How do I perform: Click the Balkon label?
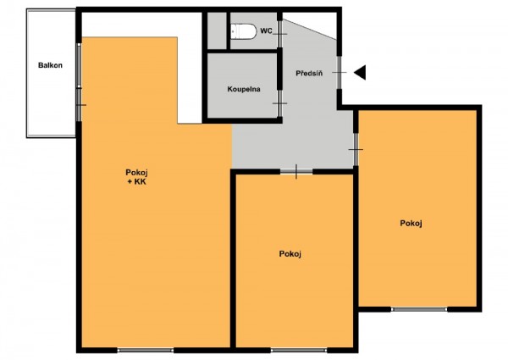coord(50,65)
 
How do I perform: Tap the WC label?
coord(267,31)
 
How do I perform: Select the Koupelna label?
coord(244,89)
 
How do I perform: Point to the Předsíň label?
coord(309,73)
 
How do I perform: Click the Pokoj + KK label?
coord(136,177)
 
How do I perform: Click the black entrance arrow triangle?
coord(360,72)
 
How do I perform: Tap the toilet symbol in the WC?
coord(244,31)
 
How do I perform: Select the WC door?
coord(280,34)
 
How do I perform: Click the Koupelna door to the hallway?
coord(279,103)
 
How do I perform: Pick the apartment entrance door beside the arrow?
coord(340,72)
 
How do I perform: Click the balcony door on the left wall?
coord(79,105)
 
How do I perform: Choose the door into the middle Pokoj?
coord(296,171)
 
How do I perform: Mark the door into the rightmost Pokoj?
coord(356,149)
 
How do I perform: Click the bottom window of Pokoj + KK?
coord(145,350)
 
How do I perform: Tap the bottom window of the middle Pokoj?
coord(298,350)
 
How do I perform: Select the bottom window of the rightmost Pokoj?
coord(419,309)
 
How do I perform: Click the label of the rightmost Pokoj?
coord(411,224)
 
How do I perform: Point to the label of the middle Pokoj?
coord(290,254)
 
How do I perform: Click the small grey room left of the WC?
coord(217,30)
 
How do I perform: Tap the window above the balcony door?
coord(79,65)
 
